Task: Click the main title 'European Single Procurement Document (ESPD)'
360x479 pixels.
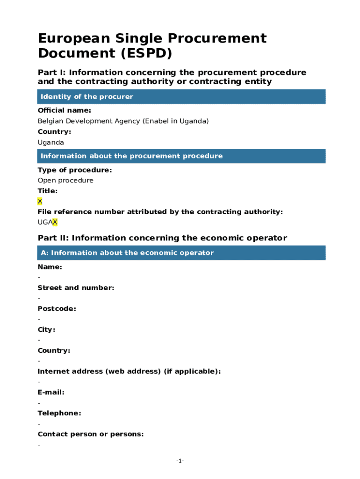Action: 152,45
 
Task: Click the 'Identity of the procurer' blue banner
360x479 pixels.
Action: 87,97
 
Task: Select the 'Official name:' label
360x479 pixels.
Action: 64,110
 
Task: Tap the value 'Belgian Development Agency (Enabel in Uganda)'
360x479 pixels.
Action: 123,121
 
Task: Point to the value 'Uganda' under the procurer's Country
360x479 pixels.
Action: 50,142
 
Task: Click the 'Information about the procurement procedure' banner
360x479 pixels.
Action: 131,156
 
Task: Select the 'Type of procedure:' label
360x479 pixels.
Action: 74,170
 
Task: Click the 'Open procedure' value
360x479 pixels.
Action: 65,181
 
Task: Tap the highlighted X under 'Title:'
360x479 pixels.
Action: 40,201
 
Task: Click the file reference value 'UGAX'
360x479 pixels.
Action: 47,222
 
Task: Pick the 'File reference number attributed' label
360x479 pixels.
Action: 160,212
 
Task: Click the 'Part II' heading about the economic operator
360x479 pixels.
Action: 162,238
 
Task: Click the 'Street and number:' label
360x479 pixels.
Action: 76,288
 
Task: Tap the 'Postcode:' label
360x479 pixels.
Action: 57,309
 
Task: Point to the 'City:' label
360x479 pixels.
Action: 46,329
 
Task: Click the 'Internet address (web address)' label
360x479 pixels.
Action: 129,371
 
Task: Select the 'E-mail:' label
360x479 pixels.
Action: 51,392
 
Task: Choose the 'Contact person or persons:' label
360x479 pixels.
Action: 90,434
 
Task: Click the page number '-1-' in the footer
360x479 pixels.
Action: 180,461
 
